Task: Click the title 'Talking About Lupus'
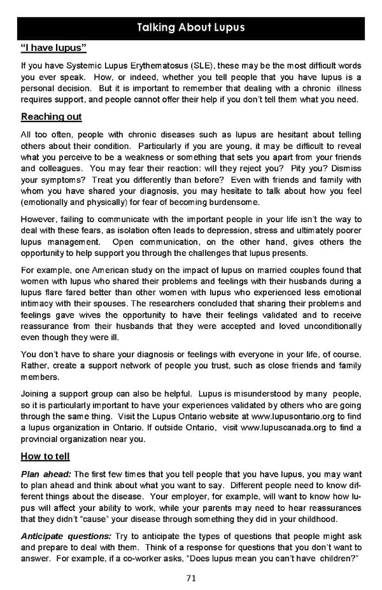pos(190,28)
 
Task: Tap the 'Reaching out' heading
pos(52,117)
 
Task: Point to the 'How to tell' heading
pos(45,456)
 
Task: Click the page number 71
pos(191,578)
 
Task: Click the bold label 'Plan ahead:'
pos(46,474)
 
